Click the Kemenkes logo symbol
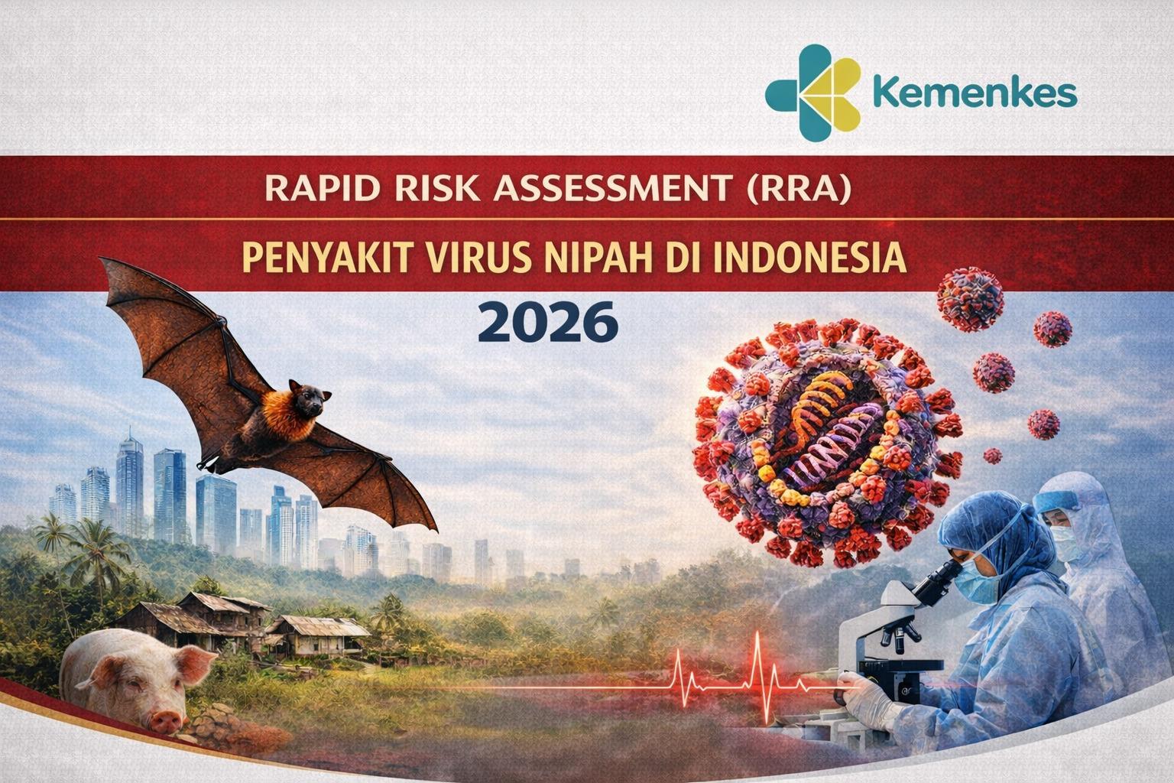tap(813, 93)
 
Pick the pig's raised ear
tap(196, 666)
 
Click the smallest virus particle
tap(992, 456)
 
